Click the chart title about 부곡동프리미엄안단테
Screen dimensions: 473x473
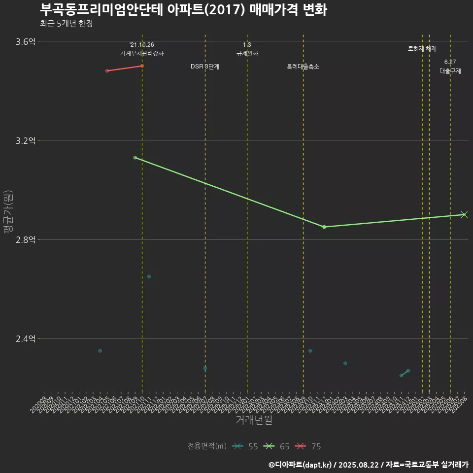click(183, 10)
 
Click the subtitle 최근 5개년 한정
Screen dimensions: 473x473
click(66, 24)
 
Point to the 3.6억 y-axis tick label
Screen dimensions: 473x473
click(26, 41)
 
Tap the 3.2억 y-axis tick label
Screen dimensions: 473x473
click(26, 140)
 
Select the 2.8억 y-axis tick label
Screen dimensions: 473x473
click(26, 239)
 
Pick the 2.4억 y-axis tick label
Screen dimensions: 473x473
click(26, 338)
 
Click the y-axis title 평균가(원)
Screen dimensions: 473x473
click(8, 212)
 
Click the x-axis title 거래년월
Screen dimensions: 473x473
click(254, 420)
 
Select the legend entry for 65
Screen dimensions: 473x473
click(276, 446)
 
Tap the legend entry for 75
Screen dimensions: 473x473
click(308, 446)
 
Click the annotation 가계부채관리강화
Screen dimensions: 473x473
click(142, 53)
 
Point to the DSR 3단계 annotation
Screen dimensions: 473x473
click(205, 67)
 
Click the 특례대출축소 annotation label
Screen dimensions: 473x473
click(303, 67)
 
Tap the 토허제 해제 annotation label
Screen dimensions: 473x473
click(422, 49)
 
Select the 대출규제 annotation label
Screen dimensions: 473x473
click(450, 71)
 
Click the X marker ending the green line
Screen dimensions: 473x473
click(464, 214)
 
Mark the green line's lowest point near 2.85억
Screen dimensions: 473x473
click(324, 227)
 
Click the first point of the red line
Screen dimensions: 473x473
click(107, 71)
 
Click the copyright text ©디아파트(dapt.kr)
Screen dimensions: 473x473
click(301, 464)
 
